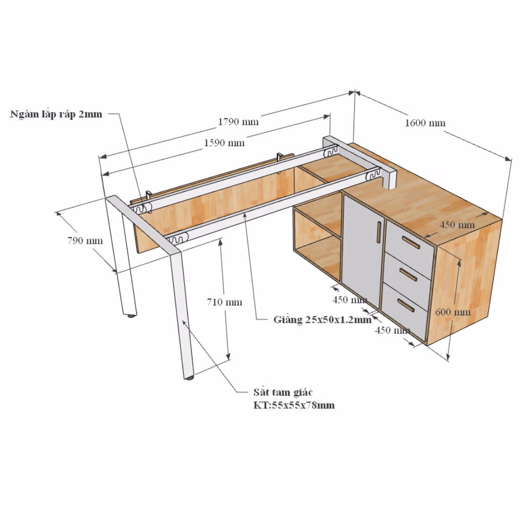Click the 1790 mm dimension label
coord(238,122)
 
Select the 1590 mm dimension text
coord(224,143)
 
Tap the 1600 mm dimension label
coord(425,123)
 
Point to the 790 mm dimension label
coord(85,240)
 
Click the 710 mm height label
coord(225,302)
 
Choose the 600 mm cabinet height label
coord(453,312)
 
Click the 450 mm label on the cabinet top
coord(457,225)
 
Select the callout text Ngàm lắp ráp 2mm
coord(56,114)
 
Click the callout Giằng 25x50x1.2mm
coord(322,320)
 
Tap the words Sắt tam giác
coord(283,392)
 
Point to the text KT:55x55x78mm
coord(294,405)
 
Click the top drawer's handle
coord(411,243)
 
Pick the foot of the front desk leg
coord(189,378)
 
